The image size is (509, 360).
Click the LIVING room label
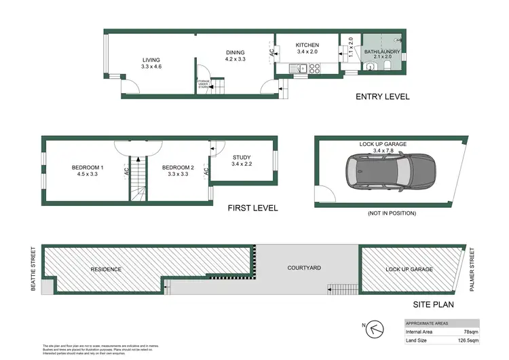pos(151,60)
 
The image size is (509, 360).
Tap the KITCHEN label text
pos(307,46)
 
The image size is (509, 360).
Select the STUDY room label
pos(242,157)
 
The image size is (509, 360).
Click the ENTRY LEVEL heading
pos(383,96)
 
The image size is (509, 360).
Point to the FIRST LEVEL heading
pos(252,208)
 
